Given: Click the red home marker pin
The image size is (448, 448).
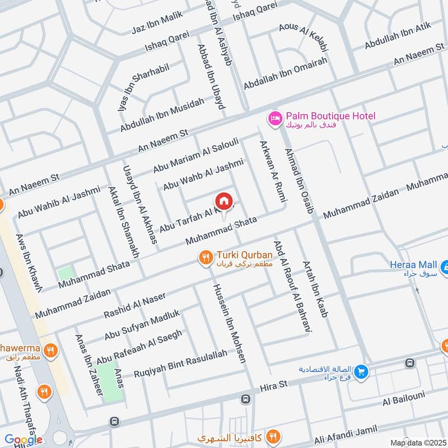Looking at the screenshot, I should (x=223, y=201).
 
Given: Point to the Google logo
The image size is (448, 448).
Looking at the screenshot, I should (x=24, y=440).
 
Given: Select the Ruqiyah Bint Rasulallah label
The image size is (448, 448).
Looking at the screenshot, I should (x=181, y=363).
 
